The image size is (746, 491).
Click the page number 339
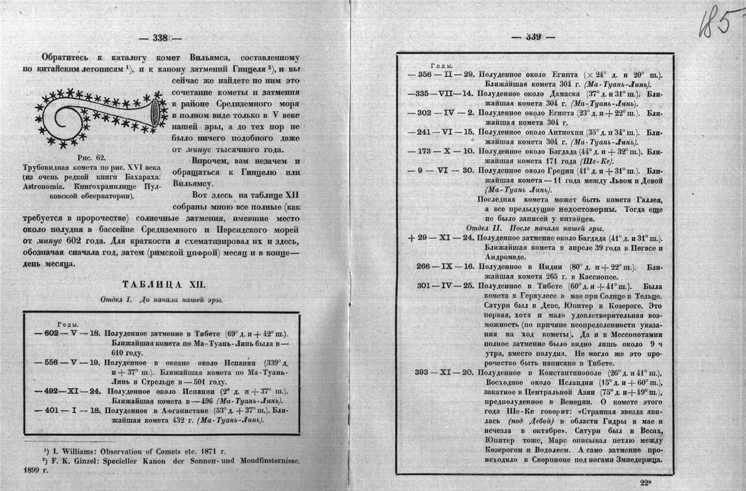[x=533, y=37]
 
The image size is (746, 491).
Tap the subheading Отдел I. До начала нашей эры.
[x=161, y=300]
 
